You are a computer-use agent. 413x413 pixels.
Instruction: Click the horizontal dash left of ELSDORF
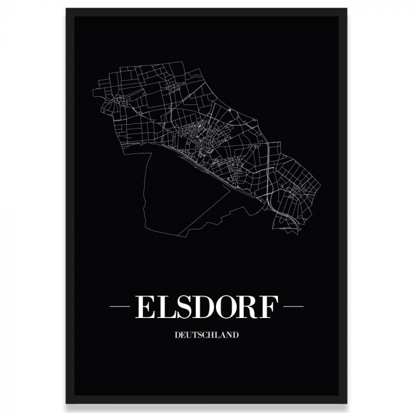(119, 307)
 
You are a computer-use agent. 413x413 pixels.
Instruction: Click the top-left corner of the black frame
(67, 9)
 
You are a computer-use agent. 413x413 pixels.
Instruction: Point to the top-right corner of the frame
(346, 9)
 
